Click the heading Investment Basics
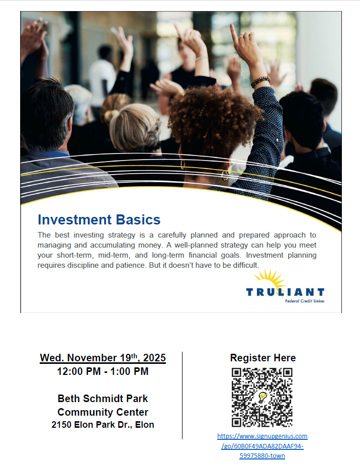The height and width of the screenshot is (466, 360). click(x=99, y=220)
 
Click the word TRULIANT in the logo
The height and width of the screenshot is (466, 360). click(x=285, y=292)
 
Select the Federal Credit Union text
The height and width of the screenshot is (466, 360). click(x=305, y=301)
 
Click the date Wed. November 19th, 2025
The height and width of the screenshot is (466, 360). click(x=103, y=358)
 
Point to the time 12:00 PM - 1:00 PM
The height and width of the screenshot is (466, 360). click(x=103, y=372)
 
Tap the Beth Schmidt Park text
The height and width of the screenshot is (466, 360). click(x=103, y=399)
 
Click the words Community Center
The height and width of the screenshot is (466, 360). click(x=103, y=413)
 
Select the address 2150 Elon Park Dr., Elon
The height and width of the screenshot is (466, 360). click(x=103, y=425)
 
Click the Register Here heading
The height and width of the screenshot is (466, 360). click(x=262, y=358)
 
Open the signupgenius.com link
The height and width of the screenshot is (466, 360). click(x=262, y=446)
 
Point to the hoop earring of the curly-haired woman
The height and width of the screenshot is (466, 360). click(x=225, y=176)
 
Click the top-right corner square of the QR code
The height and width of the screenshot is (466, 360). click(x=287, y=373)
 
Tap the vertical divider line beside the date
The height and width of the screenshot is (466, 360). click(x=182, y=395)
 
